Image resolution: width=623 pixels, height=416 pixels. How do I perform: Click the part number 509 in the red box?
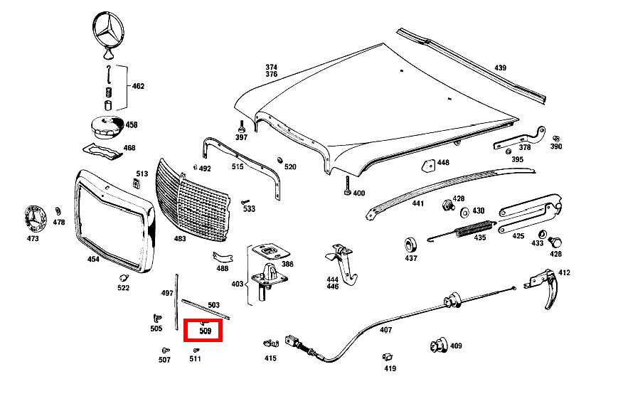click(x=206, y=331)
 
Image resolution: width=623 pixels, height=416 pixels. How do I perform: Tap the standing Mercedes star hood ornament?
click(x=108, y=35)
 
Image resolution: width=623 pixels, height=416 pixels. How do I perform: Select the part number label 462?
click(x=138, y=86)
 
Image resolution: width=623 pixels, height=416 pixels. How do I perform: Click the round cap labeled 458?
click(x=107, y=128)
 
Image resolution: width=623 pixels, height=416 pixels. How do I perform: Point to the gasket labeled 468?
click(x=102, y=151)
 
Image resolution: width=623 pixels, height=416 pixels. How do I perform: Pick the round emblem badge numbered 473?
click(x=35, y=218)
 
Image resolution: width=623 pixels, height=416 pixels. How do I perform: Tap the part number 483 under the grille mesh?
click(x=180, y=238)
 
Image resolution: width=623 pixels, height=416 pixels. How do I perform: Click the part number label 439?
click(x=500, y=68)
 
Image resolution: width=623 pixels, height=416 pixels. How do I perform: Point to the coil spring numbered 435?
click(x=475, y=229)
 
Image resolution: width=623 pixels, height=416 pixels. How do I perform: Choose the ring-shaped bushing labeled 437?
click(x=410, y=245)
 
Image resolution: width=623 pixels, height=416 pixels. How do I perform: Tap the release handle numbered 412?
click(x=544, y=286)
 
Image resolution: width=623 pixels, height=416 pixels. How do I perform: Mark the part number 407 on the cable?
click(x=385, y=330)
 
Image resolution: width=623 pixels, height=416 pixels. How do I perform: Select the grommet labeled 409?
click(x=439, y=345)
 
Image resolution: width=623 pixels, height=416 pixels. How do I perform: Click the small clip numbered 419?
click(x=388, y=357)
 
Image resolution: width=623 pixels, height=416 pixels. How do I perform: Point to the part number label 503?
click(x=214, y=305)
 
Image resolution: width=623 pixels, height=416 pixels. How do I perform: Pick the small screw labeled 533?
click(x=245, y=202)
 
